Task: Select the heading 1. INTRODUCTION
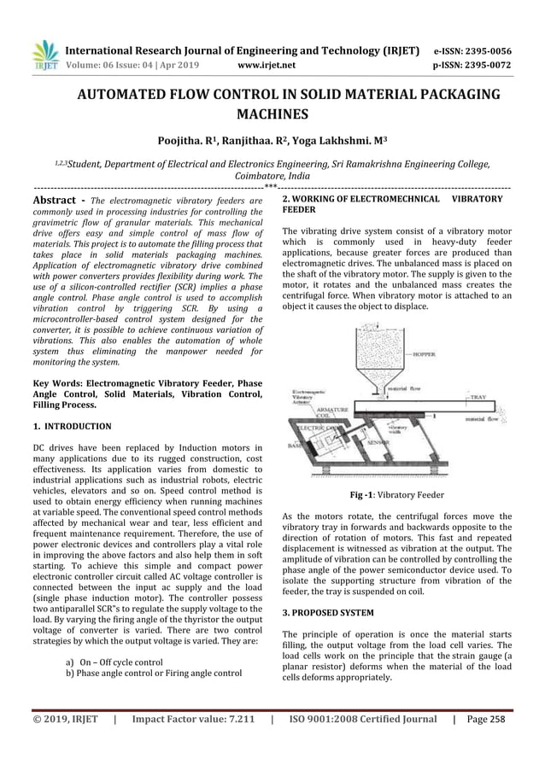coord(72,424)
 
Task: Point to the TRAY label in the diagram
coord(478,397)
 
